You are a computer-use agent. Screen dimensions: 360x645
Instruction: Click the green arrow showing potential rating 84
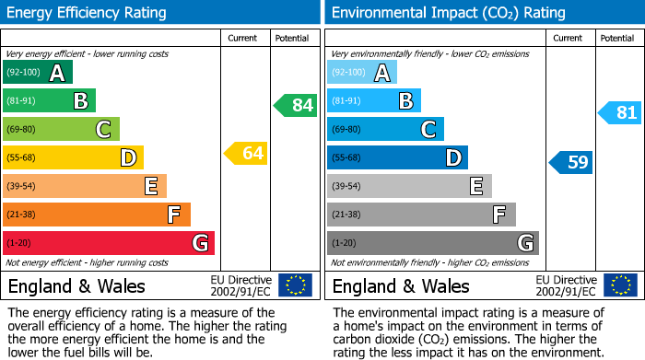295,105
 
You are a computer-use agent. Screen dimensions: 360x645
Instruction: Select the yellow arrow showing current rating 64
246,153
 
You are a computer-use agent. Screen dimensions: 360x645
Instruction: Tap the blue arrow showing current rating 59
571,163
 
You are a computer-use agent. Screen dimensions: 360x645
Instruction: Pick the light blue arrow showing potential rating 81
620,113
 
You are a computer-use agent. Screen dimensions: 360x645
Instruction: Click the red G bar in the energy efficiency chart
109,243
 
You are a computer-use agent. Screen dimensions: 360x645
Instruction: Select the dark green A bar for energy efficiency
37,73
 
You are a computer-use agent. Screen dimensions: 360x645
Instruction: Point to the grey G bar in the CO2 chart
432,243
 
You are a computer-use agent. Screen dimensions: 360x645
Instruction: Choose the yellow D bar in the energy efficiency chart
73,157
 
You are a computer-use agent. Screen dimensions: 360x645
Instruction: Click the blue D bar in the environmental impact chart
397,157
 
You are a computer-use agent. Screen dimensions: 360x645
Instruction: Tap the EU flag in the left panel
295,285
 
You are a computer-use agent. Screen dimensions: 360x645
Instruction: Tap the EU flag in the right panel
619,285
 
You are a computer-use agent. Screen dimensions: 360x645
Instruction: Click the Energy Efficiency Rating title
88,13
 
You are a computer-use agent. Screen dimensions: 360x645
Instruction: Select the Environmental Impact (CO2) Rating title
447,13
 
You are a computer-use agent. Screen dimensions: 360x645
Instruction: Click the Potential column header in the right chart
617,38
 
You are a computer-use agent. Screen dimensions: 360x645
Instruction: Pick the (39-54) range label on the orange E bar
21,186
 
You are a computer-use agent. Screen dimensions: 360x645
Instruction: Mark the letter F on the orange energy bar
173,215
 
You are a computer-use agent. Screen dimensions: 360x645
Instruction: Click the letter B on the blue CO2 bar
405,100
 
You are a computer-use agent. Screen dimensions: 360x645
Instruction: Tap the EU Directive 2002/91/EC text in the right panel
565,285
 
